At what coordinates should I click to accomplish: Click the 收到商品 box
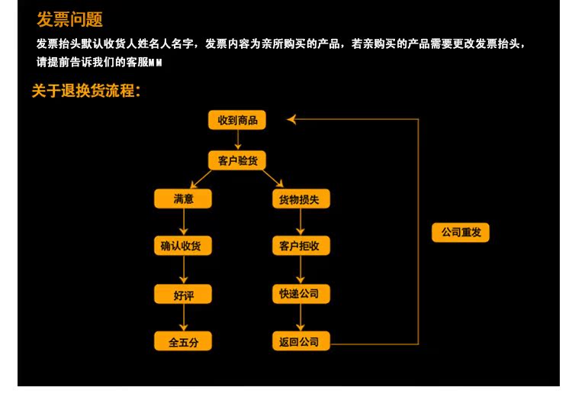[x=237, y=121]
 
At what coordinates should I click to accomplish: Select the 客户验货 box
[x=237, y=160]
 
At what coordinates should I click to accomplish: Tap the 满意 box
[x=183, y=199]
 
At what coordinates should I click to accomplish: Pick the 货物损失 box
[x=300, y=199]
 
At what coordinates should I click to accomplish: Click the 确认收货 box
[x=183, y=246]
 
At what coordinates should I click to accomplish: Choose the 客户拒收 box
[x=300, y=246]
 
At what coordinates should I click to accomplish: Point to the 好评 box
[x=183, y=294]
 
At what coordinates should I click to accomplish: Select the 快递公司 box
[x=300, y=294]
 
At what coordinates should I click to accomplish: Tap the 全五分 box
[x=183, y=341]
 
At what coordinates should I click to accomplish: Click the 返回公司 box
[x=300, y=341]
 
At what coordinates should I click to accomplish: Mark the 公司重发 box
[x=461, y=232]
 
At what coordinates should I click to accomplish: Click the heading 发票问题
[x=69, y=20]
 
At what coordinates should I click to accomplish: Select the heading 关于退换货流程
[x=85, y=91]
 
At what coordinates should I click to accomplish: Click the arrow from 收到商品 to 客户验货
[x=237, y=140]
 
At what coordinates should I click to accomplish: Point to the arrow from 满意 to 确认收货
[x=183, y=222]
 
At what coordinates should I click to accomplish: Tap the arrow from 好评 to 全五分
[x=183, y=318]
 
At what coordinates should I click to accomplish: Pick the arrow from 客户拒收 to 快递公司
[x=300, y=270]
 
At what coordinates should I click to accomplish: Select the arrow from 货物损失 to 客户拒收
[x=300, y=222]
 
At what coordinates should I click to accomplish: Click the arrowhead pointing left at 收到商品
[x=291, y=120]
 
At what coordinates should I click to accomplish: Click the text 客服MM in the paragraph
[x=146, y=62]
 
